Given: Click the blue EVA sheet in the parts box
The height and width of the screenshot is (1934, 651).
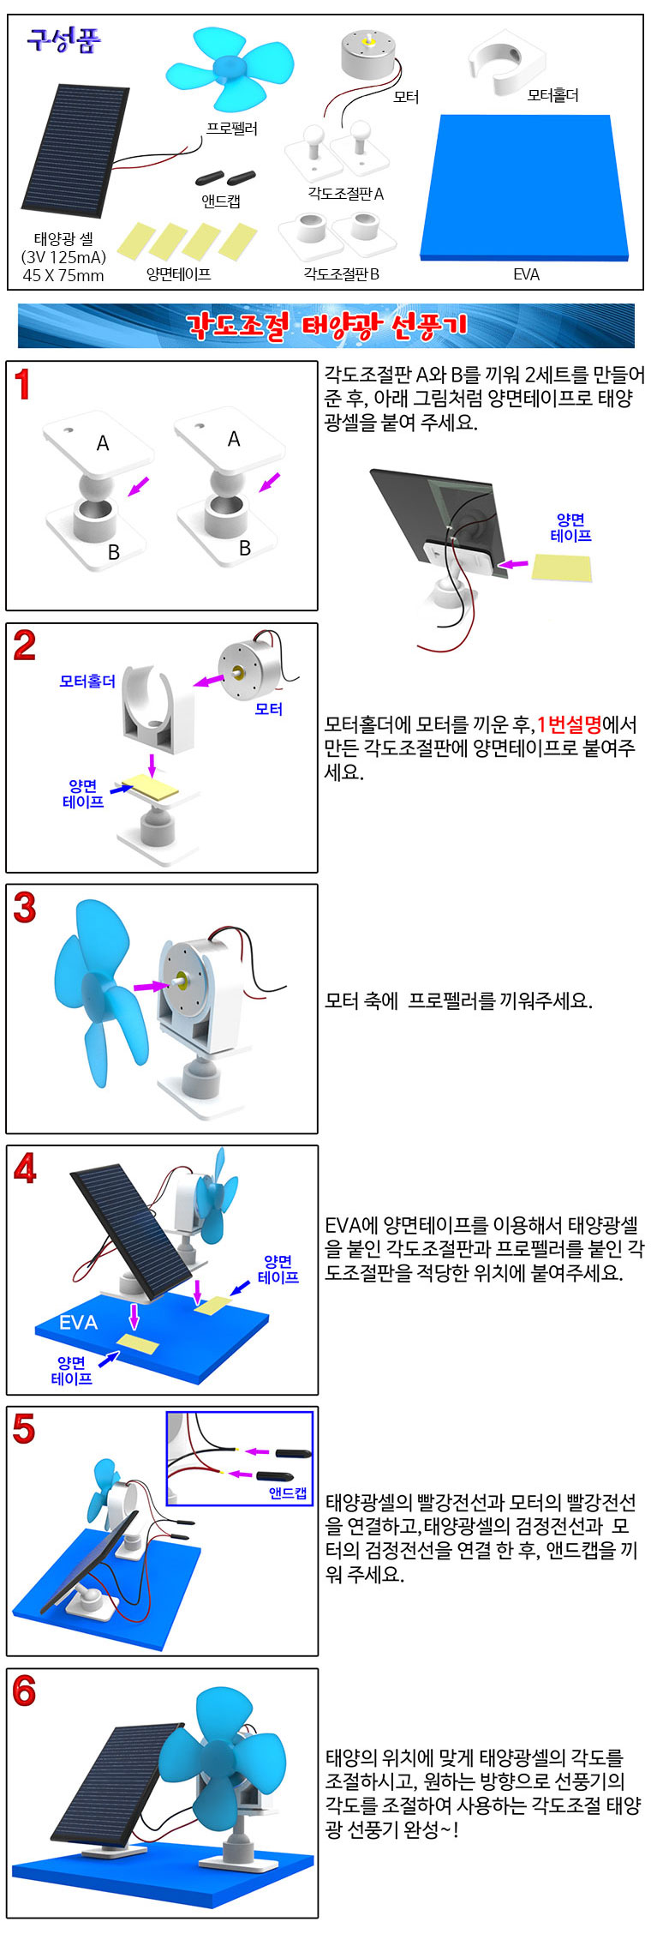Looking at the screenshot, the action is point(524,187).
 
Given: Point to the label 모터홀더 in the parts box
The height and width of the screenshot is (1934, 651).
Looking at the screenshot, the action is point(553,95).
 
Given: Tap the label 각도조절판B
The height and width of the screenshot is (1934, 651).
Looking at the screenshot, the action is point(341,273).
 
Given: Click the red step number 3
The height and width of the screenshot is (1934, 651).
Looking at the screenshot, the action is point(25,908).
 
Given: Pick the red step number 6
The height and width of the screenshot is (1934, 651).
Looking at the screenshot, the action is point(24,1691).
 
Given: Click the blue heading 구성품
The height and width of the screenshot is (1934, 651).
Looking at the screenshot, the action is point(63,39).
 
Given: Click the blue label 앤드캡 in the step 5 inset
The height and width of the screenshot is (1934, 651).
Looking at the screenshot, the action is point(288,1493).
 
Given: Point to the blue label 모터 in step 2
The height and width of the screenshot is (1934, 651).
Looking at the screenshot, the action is point(269,709).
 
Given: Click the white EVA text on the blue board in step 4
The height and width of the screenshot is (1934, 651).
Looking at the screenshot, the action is point(78,1323).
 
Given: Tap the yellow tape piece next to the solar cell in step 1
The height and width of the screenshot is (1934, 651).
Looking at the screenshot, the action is point(562,568).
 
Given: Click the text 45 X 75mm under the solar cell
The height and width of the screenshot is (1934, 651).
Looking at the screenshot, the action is point(63,275).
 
